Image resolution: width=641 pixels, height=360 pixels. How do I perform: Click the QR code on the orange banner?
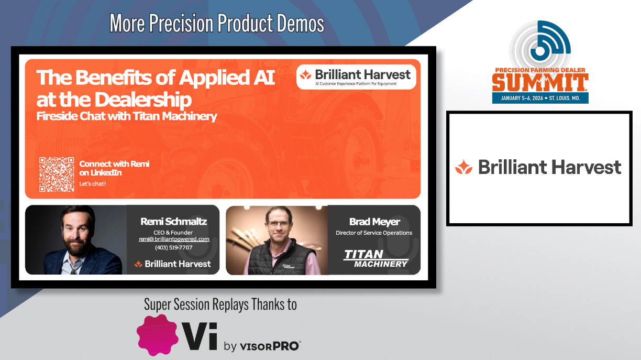pyautogui.click(x=57, y=174)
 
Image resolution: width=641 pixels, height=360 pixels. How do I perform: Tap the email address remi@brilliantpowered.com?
pyautogui.click(x=174, y=239)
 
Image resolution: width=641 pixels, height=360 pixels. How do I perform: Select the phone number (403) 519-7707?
pyautogui.click(x=174, y=247)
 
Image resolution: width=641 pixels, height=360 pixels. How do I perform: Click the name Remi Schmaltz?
pyautogui.click(x=174, y=221)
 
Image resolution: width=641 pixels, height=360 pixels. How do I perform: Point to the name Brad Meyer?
pyautogui.click(x=374, y=222)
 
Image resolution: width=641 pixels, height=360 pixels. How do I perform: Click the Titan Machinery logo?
pyautogui.click(x=376, y=258)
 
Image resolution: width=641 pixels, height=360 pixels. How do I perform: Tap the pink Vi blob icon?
pyautogui.click(x=157, y=335)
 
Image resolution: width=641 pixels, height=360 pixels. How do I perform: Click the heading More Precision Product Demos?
pyautogui.click(x=217, y=23)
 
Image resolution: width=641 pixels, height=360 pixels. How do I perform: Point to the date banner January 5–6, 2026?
pyautogui.click(x=540, y=98)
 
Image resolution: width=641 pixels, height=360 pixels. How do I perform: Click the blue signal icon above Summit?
pyautogui.click(x=550, y=40)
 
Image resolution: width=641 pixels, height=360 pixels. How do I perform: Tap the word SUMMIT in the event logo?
pyautogui.click(x=540, y=82)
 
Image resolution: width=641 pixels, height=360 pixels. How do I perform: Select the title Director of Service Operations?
pyautogui.click(x=374, y=233)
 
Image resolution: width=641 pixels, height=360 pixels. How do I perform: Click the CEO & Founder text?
pyautogui.click(x=173, y=233)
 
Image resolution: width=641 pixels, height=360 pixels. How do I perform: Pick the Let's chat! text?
pyautogui.click(x=92, y=184)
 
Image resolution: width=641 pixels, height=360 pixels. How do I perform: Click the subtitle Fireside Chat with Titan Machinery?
pyautogui.click(x=127, y=116)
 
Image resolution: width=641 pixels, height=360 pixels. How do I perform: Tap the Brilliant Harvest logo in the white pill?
pyautogui.click(x=356, y=77)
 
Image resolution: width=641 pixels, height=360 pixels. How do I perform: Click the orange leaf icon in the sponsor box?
pyautogui.click(x=463, y=167)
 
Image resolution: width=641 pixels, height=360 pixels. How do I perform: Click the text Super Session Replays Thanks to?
pyautogui.click(x=220, y=304)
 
